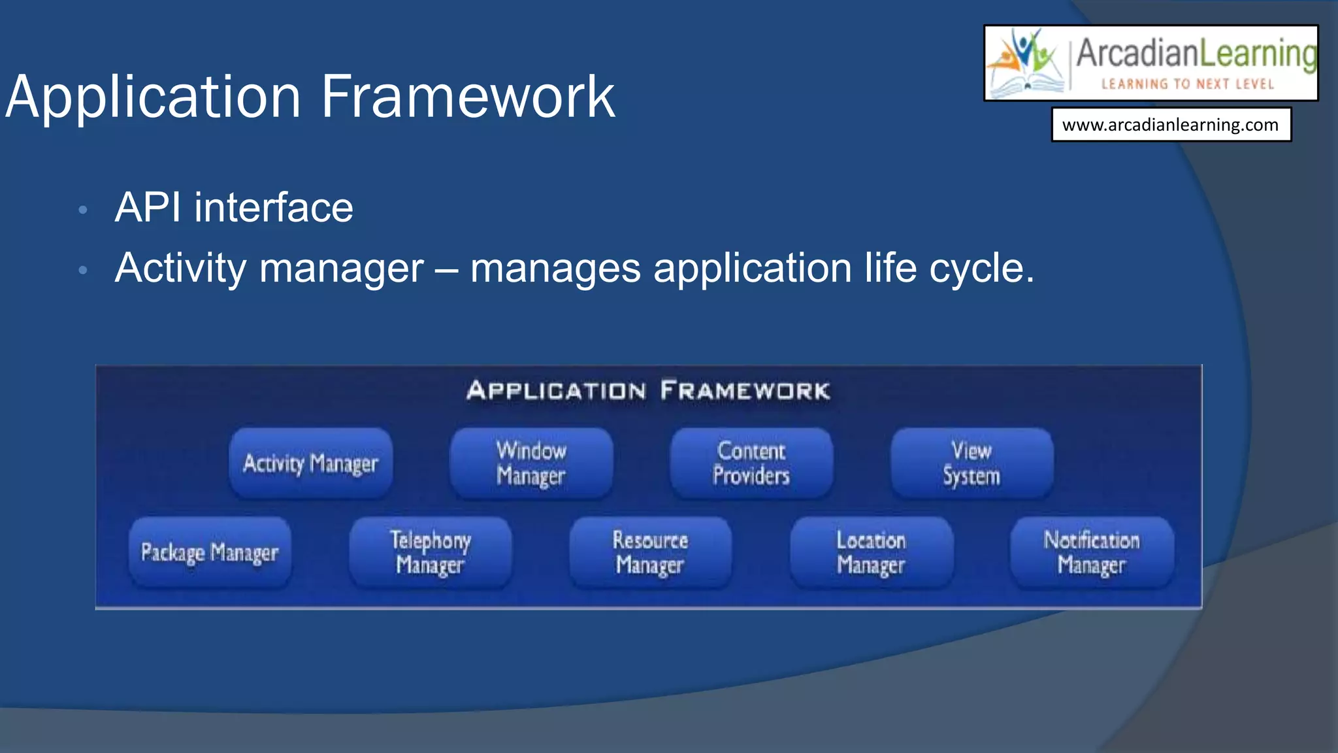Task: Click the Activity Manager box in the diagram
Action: [x=310, y=463]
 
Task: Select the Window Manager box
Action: [x=530, y=463]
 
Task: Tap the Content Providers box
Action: [x=751, y=463]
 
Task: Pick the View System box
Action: [x=971, y=463]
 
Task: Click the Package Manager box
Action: [x=210, y=553]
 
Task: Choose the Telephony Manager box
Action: [x=430, y=553]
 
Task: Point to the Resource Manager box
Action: [x=650, y=553]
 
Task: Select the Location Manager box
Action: [x=871, y=553]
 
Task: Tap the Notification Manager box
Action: [x=1092, y=553]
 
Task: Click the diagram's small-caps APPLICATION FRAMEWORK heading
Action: [x=648, y=391]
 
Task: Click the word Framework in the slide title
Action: [x=468, y=97]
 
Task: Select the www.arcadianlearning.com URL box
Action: [x=1171, y=125]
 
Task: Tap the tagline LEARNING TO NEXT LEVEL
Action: [x=1188, y=84]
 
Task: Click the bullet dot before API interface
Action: [x=82, y=210]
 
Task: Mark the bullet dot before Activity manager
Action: [x=82, y=270]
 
